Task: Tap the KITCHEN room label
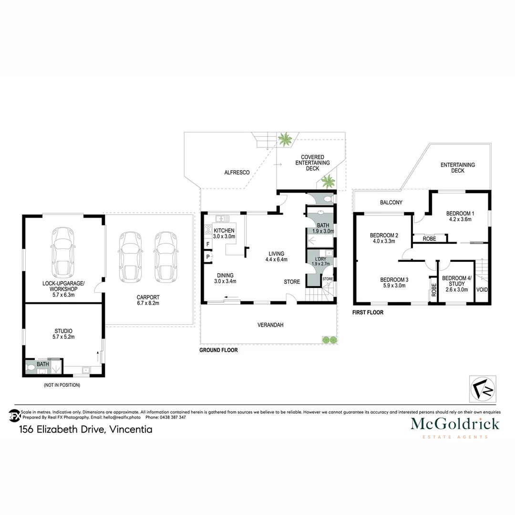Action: (x=224, y=231)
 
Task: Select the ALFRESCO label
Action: (x=237, y=172)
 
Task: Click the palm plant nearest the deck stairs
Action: (x=286, y=140)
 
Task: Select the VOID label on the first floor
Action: (x=482, y=288)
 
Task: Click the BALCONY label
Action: (x=391, y=203)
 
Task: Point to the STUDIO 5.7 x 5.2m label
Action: (x=63, y=333)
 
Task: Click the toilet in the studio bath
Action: (x=31, y=367)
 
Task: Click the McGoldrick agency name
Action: (x=455, y=423)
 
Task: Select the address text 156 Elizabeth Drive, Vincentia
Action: (x=86, y=430)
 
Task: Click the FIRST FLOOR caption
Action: (x=368, y=313)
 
